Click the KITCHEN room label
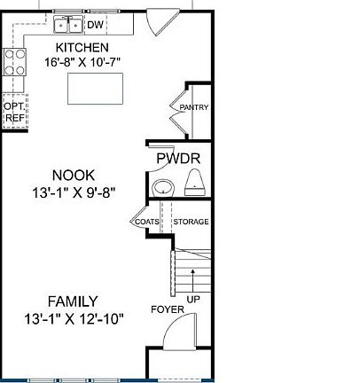pos(82,48)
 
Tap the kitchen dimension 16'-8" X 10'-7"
pos(82,62)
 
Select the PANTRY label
pos(193,108)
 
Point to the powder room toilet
pos(197,184)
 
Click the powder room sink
pos(162,188)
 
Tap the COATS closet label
pos(146,222)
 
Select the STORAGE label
pos(191,222)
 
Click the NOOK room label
pos(73,176)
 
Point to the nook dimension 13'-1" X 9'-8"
pos(73,191)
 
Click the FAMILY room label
pos(74,301)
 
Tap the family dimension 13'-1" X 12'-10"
pos(74,317)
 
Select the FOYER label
pos(167,310)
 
